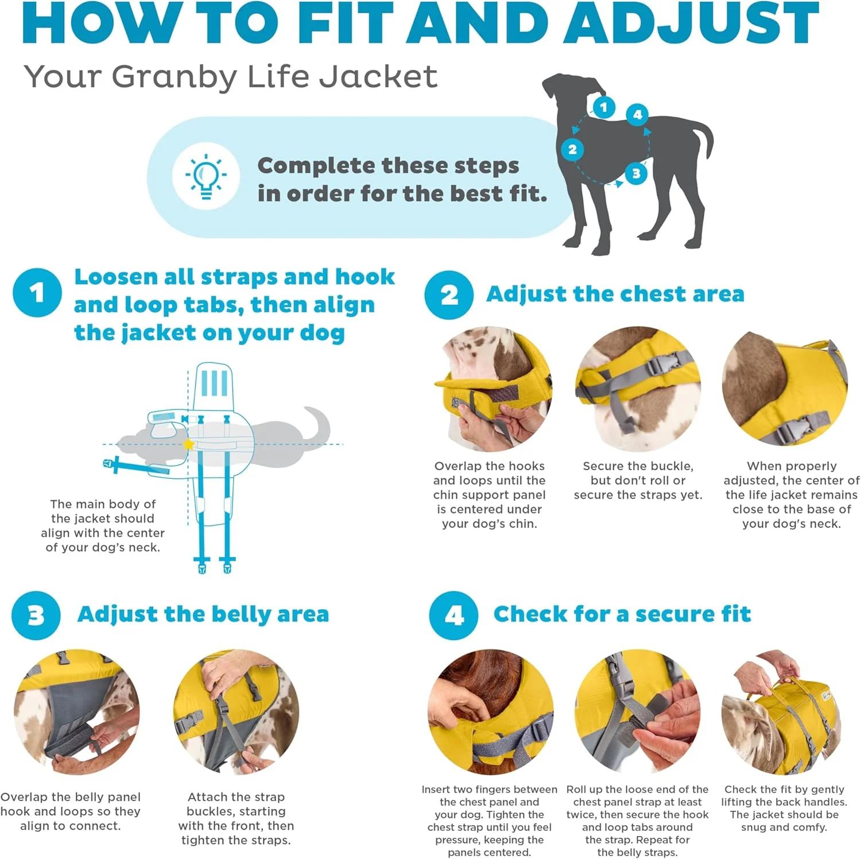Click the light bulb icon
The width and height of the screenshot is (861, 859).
click(206, 176)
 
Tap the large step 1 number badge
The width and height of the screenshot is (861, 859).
click(37, 293)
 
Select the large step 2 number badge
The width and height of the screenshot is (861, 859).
click(449, 295)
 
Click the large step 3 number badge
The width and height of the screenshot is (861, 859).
click(36, 616)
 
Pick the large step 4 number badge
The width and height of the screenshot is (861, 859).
click(453, 616)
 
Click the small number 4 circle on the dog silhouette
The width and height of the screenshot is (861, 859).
click(637, 114)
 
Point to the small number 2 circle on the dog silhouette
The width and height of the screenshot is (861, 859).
click(572, 150)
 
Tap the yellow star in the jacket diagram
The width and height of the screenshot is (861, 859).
click(188, 444)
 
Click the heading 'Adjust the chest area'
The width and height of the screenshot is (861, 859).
click(615, 294)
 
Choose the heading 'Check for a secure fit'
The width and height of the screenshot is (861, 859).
click(622, 614)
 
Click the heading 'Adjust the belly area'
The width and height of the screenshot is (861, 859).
click(203, 614)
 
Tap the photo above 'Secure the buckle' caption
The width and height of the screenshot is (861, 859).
click(638, 389)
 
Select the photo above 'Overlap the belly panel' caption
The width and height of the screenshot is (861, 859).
click(76, 712)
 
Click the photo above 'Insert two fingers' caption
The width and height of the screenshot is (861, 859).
click(490, 712)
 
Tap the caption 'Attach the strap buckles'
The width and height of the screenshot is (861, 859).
click(236, 818)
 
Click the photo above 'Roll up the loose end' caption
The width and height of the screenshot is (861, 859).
click(637, 712)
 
